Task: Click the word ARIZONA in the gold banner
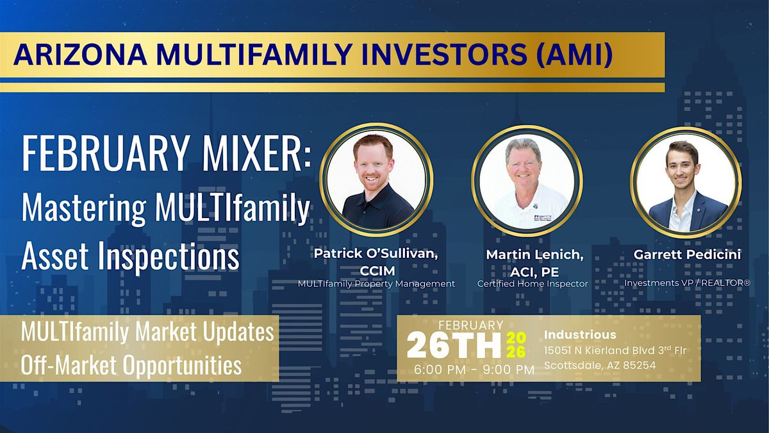[80, 55]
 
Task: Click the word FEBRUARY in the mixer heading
[104, 153]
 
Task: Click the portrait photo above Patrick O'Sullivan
[377, 180]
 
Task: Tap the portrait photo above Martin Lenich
[527, 182]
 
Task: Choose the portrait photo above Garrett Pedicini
[685, 182]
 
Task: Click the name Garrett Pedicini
[687, 255]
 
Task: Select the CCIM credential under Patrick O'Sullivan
[377, 271]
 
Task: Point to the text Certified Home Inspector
[533, 284]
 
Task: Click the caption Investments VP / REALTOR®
[687, 283]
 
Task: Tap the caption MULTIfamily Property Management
[376, 284]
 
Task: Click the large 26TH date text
[454, 344]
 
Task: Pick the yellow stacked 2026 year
[516, 344]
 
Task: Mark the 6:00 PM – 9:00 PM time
[474, 369]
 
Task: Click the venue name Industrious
[580, 335]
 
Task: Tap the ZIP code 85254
[640, 365]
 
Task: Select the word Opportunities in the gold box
[182, 365]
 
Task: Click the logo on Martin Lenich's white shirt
[543, 218]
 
